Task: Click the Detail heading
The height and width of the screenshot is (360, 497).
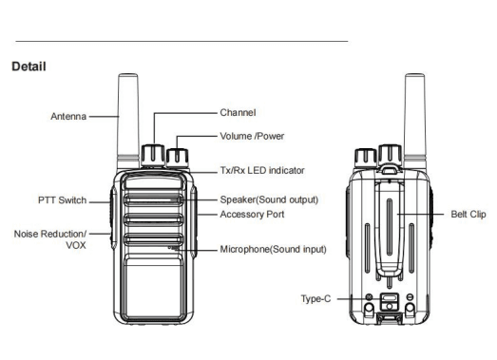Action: (29, 66)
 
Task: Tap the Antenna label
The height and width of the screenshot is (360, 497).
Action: (68, 116)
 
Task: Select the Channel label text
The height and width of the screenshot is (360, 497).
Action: (238, 112)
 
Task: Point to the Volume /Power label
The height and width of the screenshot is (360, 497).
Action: (252, 136)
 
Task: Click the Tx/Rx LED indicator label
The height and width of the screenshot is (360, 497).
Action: (262, 170)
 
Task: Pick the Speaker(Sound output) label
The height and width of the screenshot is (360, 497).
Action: (269, 199)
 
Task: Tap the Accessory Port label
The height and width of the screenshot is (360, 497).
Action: (252, 215)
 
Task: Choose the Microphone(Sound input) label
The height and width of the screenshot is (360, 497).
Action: (273, 249)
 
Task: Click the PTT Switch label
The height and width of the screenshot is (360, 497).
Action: (62, 200)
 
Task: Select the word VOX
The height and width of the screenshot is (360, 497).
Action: (76, 245)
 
